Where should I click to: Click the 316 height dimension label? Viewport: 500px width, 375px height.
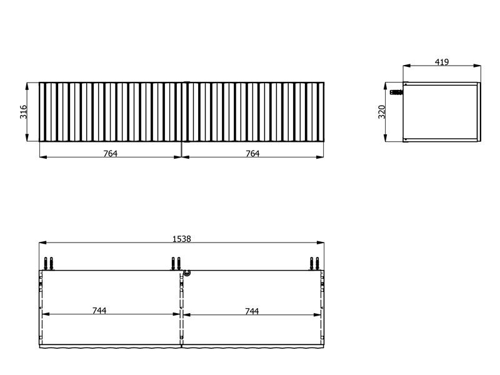24,112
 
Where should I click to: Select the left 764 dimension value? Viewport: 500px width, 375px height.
111,154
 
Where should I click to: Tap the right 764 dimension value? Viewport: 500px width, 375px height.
252,154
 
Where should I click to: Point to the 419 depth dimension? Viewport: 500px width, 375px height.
442,62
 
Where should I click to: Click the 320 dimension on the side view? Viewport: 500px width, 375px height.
382,112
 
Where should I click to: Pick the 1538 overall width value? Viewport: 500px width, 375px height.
182,239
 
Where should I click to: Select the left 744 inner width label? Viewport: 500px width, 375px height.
99,311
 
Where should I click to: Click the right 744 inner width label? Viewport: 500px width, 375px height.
252,311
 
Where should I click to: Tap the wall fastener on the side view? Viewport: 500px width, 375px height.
396,92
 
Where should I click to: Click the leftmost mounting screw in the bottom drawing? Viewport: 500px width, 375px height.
46,263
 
